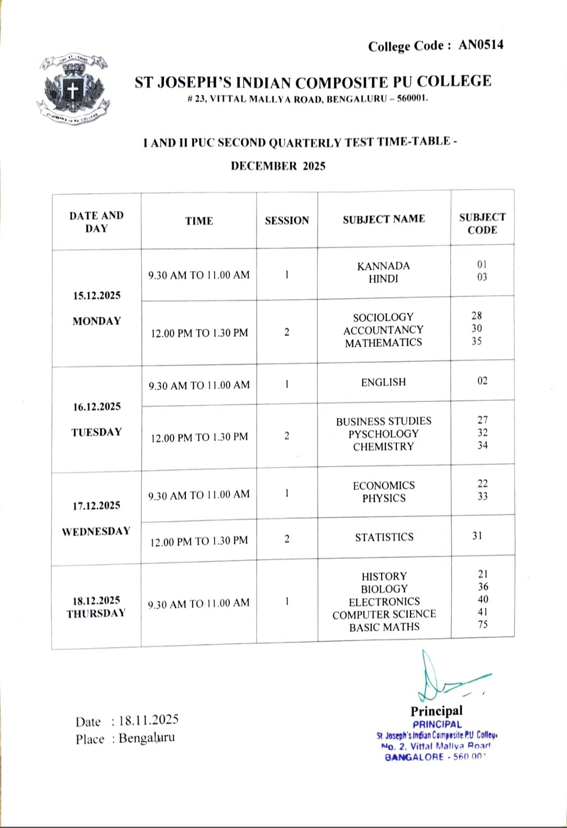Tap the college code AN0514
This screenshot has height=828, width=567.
coord(481,45)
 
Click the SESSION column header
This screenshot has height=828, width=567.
coord(287,220)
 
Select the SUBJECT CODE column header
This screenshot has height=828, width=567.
coord(482,224)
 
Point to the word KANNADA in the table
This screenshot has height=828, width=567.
coord(383,266)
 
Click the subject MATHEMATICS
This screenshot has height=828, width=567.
coord(383,343)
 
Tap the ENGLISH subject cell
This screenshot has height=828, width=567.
coord(383,382)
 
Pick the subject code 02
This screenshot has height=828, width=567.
coord(482,381)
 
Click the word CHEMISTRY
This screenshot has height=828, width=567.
coord(383,447)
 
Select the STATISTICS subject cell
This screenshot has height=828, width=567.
coord(384,537)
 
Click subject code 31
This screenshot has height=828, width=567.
coord(477,536)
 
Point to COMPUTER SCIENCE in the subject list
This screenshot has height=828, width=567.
coord(384,614)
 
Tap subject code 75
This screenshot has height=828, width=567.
coord(482,624)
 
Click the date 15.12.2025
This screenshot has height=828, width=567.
coord(97,295)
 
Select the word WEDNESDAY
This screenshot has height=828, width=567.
coord(96,532)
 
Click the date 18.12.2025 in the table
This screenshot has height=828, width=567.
coord(96,600)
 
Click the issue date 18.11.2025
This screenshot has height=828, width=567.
coord(149,720)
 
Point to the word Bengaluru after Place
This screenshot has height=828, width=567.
coord(146,738)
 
